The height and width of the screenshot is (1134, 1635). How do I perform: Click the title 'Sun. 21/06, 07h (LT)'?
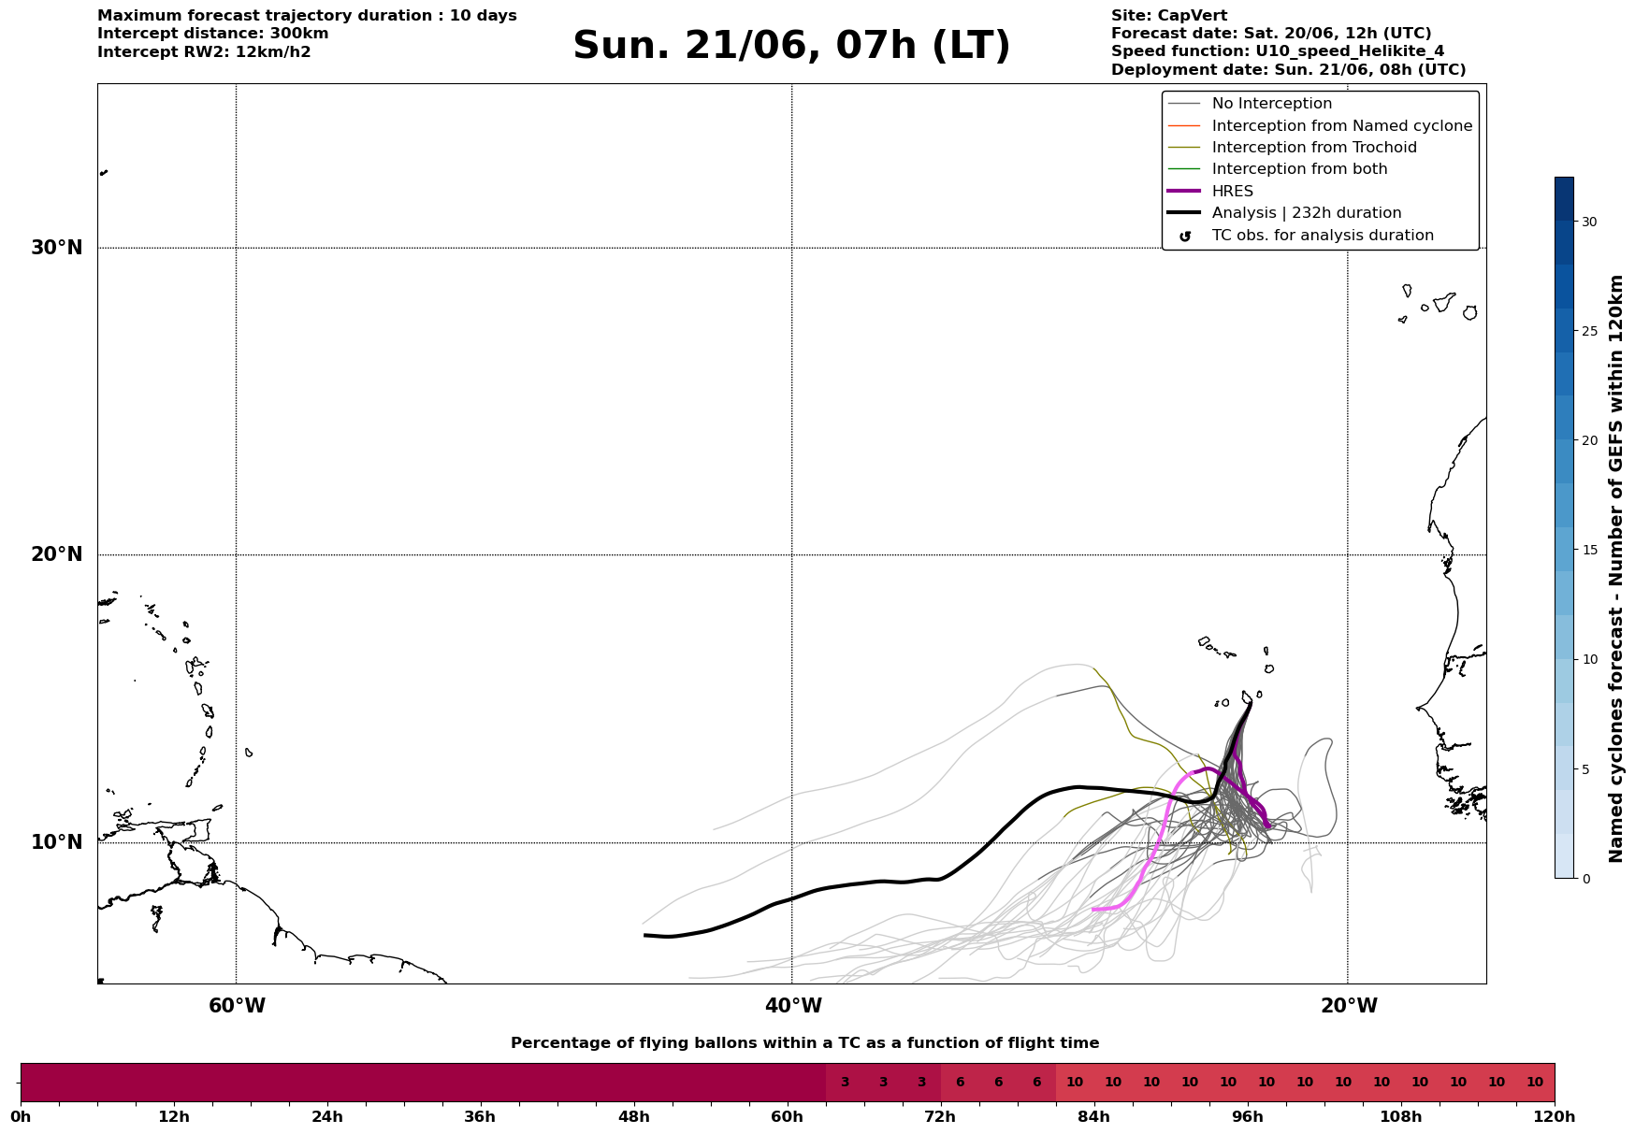tap(791, 46)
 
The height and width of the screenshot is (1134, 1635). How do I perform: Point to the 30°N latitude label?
tap(57, 248)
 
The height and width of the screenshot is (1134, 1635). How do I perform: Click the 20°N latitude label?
tap(57, 554)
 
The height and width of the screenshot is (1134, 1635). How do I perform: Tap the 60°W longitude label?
tap(237, 1006)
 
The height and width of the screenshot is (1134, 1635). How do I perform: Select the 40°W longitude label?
tap(793, 1006)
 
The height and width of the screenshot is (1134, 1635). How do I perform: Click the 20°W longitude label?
tap(1349, 1006)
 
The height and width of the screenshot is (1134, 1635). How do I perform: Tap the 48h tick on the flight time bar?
tap(633, 1116)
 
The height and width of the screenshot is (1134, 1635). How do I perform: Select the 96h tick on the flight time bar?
tap(1247, 1116)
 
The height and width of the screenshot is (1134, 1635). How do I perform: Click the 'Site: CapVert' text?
tap(1169, 16)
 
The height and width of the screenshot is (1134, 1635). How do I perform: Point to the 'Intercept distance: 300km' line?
tap(213, 34)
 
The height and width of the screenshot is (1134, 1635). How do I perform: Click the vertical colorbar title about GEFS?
tap(1615, 568)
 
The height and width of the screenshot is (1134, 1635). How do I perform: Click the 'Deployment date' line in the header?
tap(1289, 70)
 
